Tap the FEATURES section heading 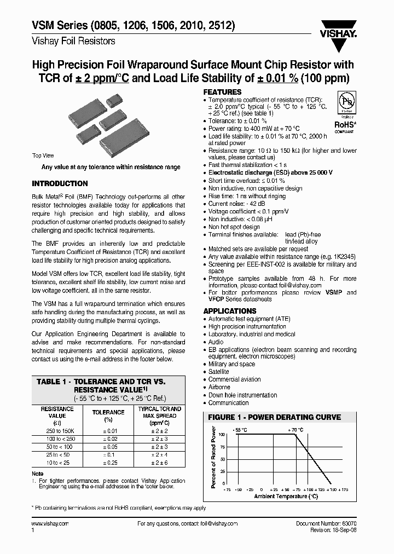pos(222,92)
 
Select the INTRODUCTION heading pos(60,183)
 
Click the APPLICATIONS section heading pos(230,311)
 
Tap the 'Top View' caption pos(43,156)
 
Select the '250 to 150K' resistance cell pos(57,431)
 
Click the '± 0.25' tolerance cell pos(108,463)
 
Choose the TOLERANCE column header pos(108,412)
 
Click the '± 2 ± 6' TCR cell pos(159,463)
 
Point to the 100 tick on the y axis pos(222,434)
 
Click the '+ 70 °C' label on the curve pos(295,430)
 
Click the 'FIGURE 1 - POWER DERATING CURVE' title pos(274,417)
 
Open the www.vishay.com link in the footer pos(50,523)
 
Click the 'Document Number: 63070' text pos(326,523)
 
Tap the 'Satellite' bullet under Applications pos(218,372)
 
